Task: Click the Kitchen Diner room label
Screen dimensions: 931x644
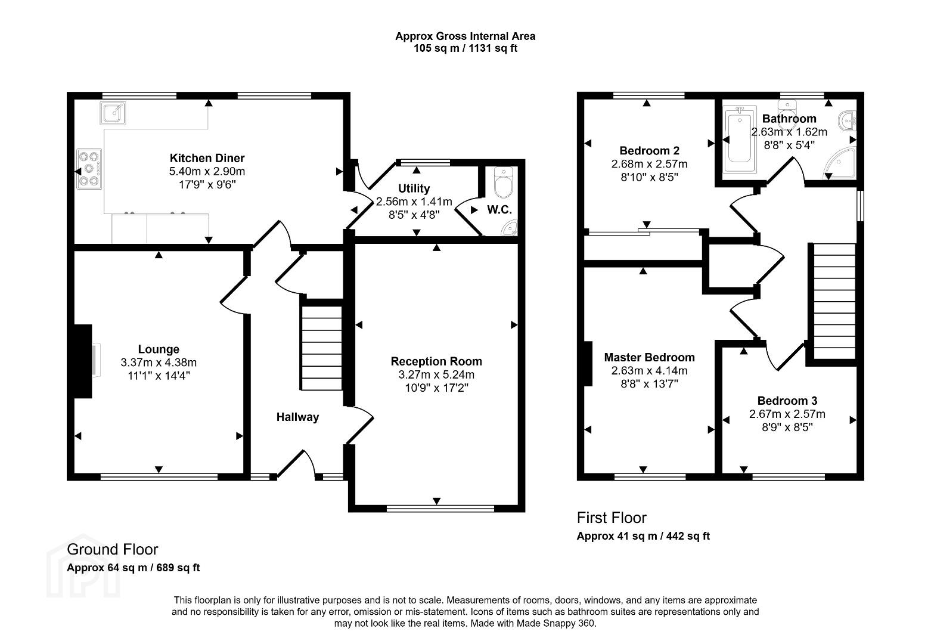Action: click(x=207, y=158)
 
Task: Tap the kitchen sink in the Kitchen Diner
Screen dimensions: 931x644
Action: click(x=113, y=113)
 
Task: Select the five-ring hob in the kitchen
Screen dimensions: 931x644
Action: click(x=89, y=169)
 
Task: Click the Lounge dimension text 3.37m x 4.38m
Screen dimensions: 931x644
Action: click(x=159, y=363)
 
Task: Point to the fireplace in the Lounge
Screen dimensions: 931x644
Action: click(x=83, y=361)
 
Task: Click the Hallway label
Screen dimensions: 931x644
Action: click(x=297, y=417)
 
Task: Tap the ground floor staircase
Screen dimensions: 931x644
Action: click(x=321, y=348)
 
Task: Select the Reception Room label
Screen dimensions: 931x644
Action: click(x=436, y=361)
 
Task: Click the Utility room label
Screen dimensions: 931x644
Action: click(x=414, y=188)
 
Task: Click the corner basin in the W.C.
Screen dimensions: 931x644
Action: click(x=509, y=228)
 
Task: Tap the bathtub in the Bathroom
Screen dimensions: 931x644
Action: click(x=740, y=140)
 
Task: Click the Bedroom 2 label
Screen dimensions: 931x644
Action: click(x=649, y=150)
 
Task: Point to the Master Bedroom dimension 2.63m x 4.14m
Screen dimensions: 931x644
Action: click(x=649, y=370)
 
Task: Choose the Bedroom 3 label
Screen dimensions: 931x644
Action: click(x=787, y=401)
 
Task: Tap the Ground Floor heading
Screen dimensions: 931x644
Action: click(x=113, y=549)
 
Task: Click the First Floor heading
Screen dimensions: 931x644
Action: click(x=612, y=518)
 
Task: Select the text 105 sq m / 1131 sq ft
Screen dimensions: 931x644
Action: click(x=465, y=48)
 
